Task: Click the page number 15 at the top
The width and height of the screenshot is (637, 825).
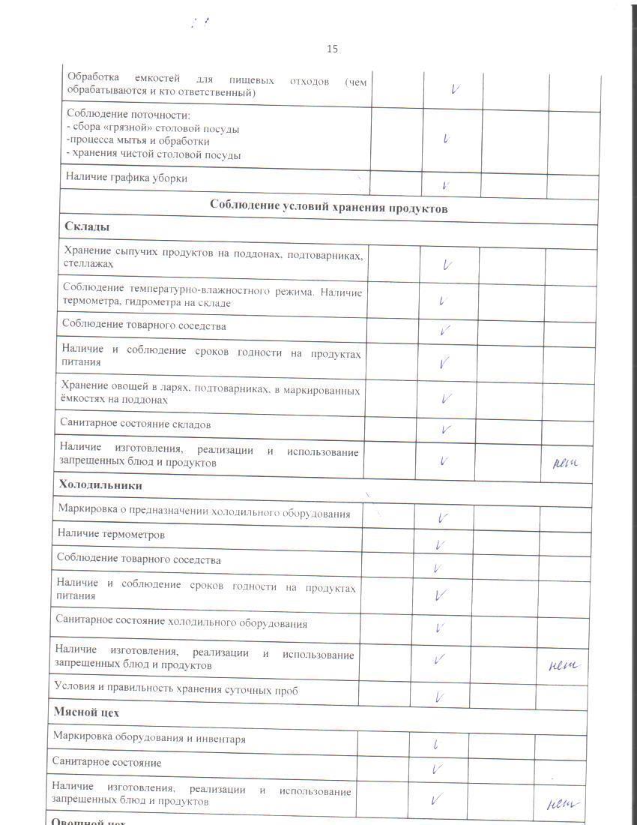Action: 332,49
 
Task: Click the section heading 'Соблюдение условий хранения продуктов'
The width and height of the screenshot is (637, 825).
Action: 329,208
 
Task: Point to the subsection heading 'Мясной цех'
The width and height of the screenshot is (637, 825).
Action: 86,712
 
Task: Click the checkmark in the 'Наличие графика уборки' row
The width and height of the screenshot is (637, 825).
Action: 445,184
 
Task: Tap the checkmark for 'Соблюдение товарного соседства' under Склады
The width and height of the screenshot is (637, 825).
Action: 445,329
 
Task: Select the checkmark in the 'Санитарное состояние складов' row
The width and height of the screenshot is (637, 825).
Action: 446,430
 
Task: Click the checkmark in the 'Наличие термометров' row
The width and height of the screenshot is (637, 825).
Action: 440,545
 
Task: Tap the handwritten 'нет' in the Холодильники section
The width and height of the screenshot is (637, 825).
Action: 564,664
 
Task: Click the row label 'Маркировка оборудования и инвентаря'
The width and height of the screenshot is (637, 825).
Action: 149,739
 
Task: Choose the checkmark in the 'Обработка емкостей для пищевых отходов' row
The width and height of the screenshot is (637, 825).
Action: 455,88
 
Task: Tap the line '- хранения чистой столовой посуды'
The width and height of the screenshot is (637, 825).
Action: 154,155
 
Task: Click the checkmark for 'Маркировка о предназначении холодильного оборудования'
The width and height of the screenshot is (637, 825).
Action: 443,517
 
